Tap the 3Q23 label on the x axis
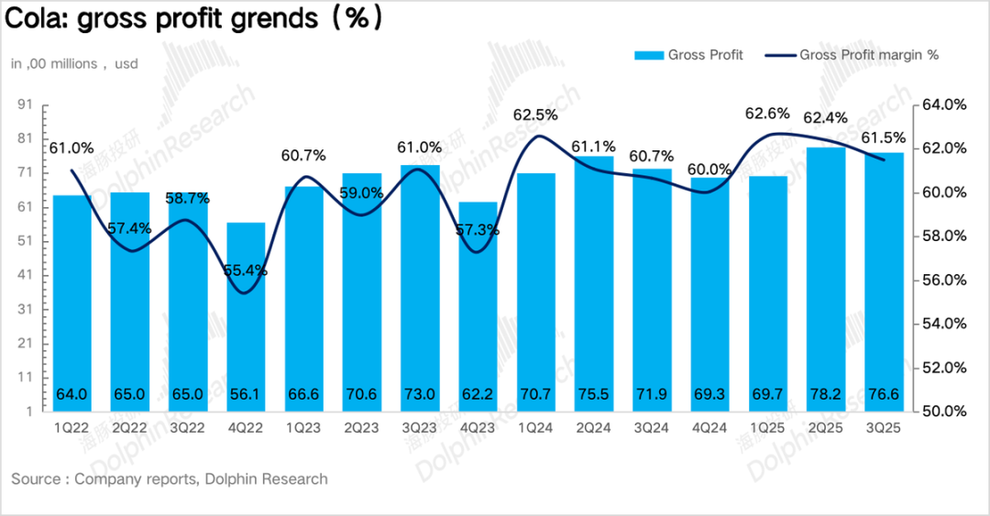419,428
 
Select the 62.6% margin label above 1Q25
767,114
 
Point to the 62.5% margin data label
535,115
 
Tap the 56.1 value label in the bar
245,395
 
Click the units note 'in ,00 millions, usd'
74,64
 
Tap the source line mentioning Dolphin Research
170,478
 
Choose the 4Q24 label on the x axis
709,428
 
